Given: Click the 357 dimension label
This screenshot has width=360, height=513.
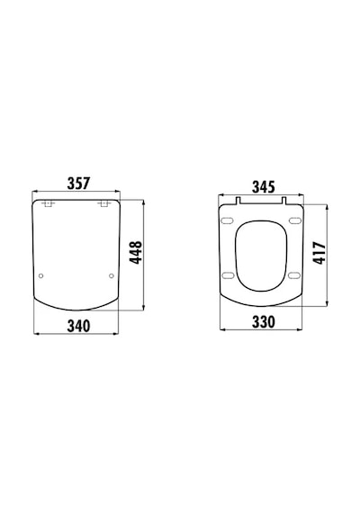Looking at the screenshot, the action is (x=78, y=184).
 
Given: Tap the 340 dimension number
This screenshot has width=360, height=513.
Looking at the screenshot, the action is (x=78, y=326).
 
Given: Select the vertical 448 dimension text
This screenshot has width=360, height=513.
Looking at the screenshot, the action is (x=136, y=252).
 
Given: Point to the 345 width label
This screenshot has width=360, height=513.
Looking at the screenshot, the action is (x=264, y=187).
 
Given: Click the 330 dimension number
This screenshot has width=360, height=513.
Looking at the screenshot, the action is (x=264, y=322).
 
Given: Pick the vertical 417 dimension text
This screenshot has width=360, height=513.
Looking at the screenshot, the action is (x=319, y=253).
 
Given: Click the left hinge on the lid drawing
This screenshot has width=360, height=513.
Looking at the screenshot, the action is (x=48, y=203).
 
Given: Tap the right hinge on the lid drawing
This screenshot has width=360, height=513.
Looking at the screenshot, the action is (x=104, y=203).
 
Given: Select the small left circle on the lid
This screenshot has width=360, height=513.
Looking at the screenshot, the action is (x=40, y=275).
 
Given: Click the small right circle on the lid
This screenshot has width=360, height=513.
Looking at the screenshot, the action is (x=112, y=275).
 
